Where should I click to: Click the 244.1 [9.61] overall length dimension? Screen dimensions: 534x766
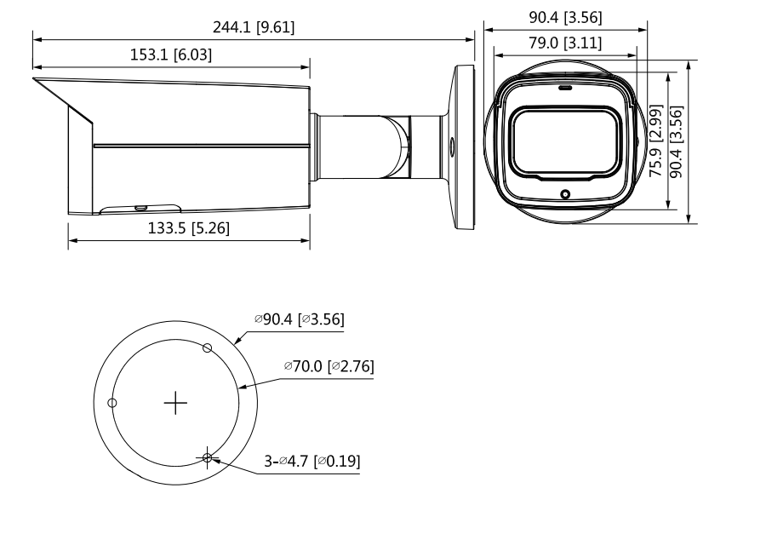[254, 27]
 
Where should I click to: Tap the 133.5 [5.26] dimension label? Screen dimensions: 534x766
[189, 228]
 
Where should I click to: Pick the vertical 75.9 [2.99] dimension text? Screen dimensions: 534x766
[655, 141]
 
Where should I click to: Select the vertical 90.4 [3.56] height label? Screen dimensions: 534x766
[677, 141]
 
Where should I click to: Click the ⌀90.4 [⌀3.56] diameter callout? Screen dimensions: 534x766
[299, 319]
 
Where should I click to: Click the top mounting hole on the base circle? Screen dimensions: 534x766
[206, 347]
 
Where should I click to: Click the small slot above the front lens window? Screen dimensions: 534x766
[565, 88]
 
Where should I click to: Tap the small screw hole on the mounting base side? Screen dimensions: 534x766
[451, 146]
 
